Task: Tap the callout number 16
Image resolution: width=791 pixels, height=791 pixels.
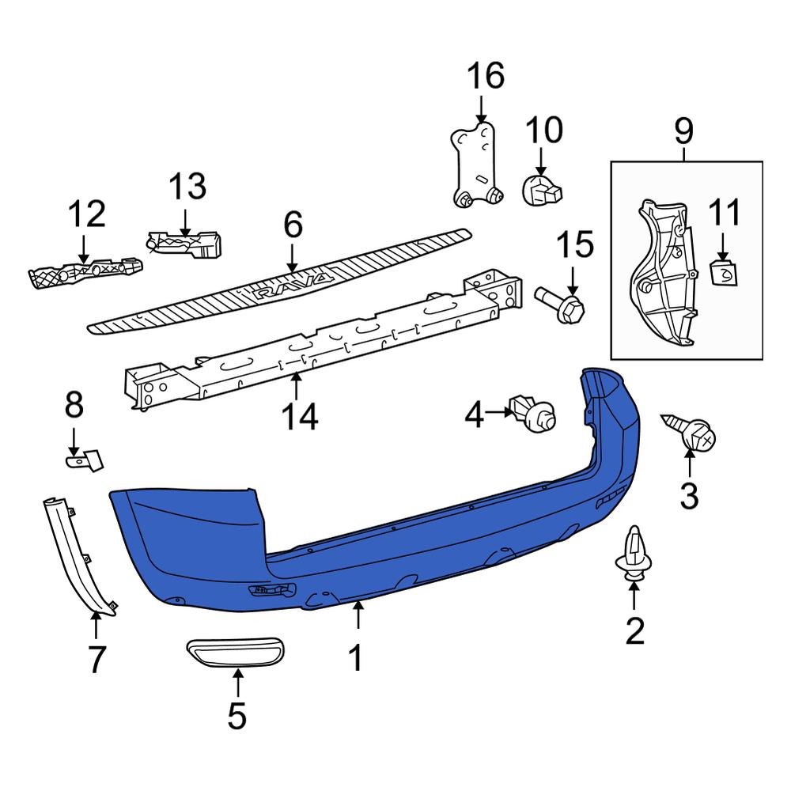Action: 485,77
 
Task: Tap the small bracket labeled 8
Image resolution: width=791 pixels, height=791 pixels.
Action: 84,459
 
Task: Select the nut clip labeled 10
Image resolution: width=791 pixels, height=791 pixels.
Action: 541,191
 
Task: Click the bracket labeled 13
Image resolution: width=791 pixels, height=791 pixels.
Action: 186,241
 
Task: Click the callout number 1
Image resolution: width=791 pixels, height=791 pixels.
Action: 357,657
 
